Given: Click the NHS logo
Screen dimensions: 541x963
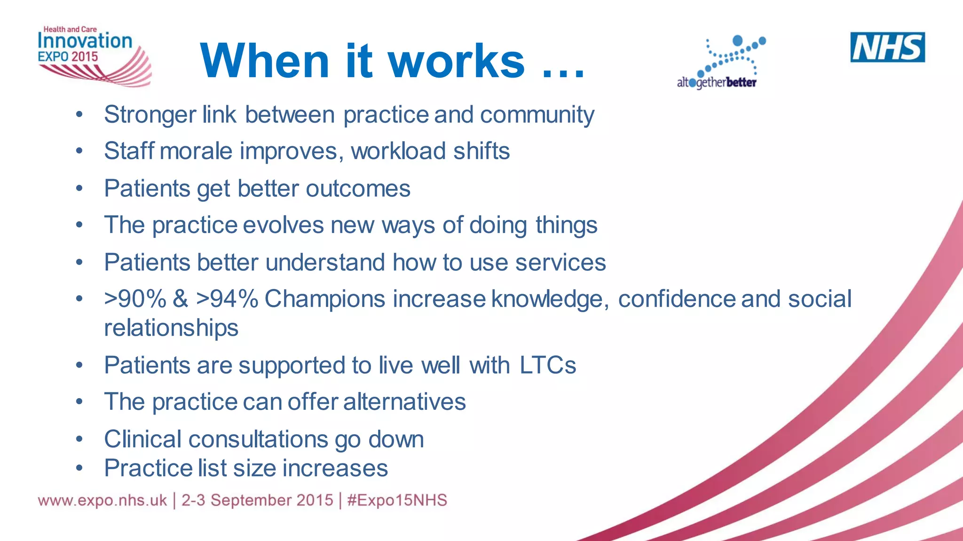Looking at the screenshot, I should pos(887,47).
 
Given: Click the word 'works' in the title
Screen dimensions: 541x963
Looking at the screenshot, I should pos(456,61).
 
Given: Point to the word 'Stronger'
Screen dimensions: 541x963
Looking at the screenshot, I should pos(150,115).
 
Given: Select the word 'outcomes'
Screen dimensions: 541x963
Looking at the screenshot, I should pos(358,189).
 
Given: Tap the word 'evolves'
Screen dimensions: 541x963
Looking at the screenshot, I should pos(283,225).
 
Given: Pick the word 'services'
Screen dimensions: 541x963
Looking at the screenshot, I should pos(560,262).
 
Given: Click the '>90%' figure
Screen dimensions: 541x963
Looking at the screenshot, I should pos(135,299).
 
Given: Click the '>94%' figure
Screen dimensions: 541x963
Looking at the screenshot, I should pos(227,299).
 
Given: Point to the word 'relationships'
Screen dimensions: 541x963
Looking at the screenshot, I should pos(171,328).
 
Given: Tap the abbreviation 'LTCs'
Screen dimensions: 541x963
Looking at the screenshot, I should pos(548,365).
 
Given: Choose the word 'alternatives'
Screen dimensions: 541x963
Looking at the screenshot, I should pos(404,402).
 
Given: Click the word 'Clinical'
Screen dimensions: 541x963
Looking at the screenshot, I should pos(143,439).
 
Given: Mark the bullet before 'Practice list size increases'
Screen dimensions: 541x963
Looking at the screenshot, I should pos(79,468).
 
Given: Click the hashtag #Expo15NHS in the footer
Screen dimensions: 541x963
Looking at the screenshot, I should pos(397,500).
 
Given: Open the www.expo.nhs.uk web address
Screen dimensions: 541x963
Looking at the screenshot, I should pos(103,500).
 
